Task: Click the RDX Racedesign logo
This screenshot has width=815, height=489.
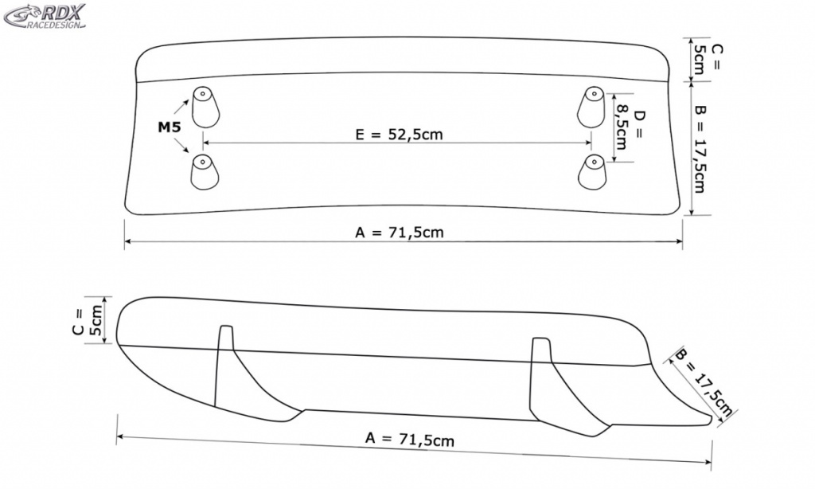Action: [x=45, y=16]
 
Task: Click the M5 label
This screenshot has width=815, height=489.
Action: [x=170, y=127]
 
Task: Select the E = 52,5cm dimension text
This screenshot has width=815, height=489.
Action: [x=400, y=135]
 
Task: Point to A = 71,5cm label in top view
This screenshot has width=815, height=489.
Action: [x=400, y=232]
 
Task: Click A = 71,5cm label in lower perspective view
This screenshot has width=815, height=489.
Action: [x=410, y=440]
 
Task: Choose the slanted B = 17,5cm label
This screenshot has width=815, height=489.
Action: [x=704, y=383]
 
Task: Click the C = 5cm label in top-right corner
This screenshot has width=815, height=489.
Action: [x=707, y=59]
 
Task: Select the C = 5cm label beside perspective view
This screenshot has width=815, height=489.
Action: [x=88, y=322]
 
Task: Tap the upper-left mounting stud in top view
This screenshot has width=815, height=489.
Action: [x=205, y=108]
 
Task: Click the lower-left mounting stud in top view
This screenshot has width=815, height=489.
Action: [x=205, y=172]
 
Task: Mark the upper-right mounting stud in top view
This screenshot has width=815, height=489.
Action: [x=591, y=108]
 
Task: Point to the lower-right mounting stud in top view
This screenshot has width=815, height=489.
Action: [x=592, y=172]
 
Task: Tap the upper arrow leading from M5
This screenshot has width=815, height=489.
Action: [x=181, y=107]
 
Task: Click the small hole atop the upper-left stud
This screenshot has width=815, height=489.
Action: [x=202, y=94]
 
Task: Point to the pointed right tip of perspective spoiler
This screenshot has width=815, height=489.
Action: [x=710, y=419]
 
